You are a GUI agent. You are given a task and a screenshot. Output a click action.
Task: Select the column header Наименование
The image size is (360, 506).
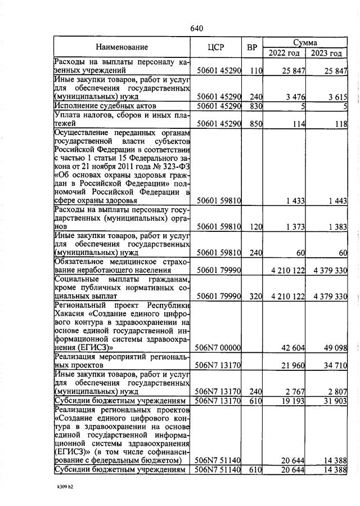(121, 47)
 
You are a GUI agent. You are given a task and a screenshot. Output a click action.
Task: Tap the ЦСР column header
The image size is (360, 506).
(215, 47)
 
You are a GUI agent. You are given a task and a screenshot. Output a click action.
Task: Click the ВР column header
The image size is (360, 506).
(252, 47)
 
